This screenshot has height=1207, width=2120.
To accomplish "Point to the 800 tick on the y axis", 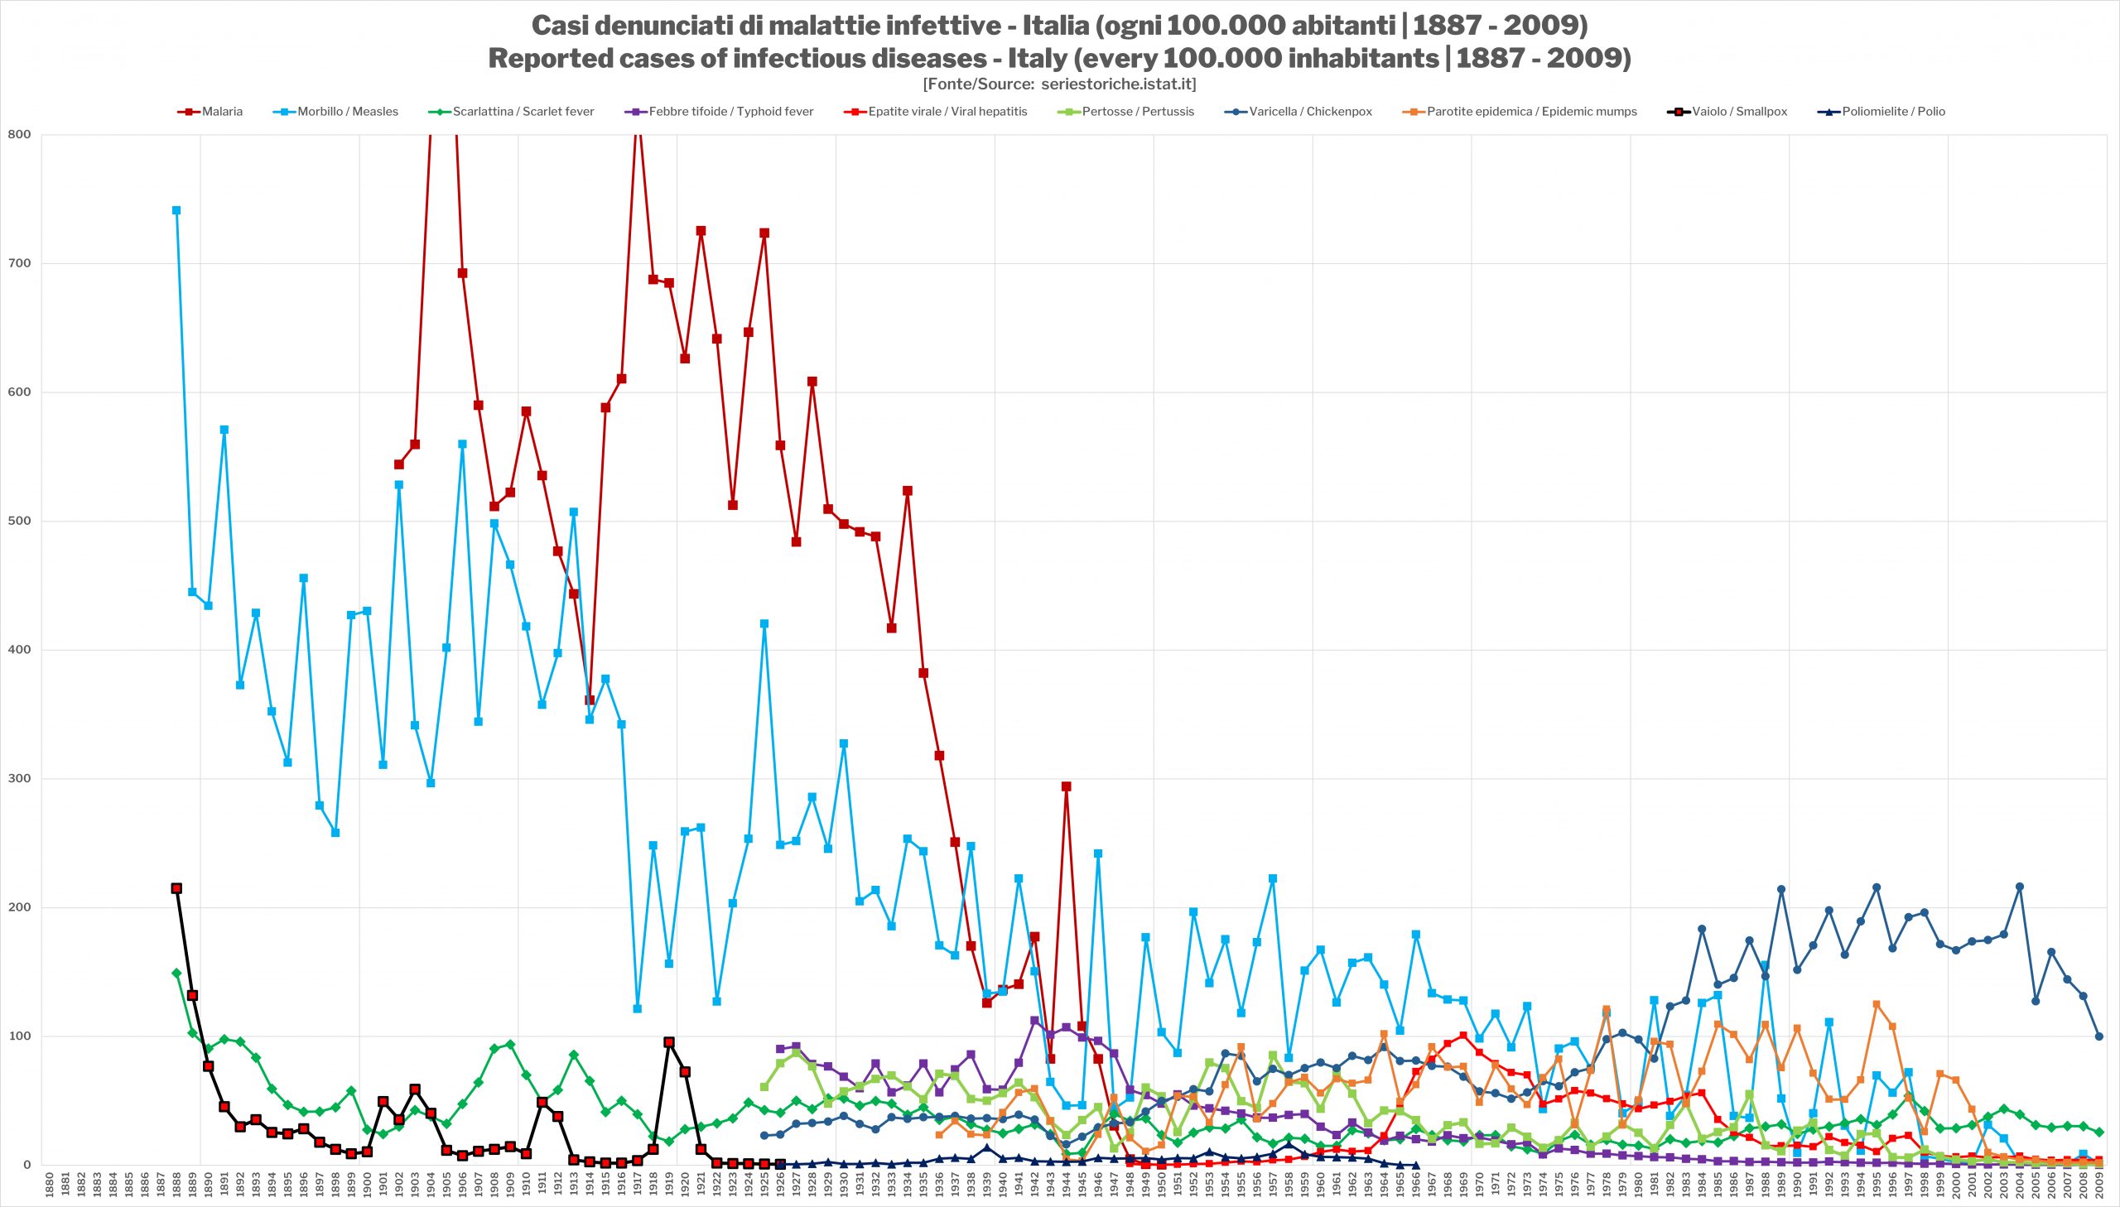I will click(19, 134).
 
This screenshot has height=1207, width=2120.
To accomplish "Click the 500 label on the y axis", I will click(19, 521).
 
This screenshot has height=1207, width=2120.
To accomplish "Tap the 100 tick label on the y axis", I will click(19, 1036).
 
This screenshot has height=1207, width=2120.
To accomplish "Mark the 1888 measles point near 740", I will click(176, 210).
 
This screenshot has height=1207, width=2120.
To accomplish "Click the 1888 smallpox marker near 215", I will click(176, 887).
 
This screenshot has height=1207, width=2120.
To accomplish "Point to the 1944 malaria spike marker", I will click(1067, 786).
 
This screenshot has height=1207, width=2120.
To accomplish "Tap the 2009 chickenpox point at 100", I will click(2098, 1036).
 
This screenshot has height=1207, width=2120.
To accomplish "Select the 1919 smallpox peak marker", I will click(669, 1042).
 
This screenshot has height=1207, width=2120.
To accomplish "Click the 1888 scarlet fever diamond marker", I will click(176, 974).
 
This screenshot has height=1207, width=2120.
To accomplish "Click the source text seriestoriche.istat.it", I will click(1118, 84).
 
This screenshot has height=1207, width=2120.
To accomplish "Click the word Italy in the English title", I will click(1031, 58).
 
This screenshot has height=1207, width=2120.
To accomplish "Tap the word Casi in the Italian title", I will click(560, 26).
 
